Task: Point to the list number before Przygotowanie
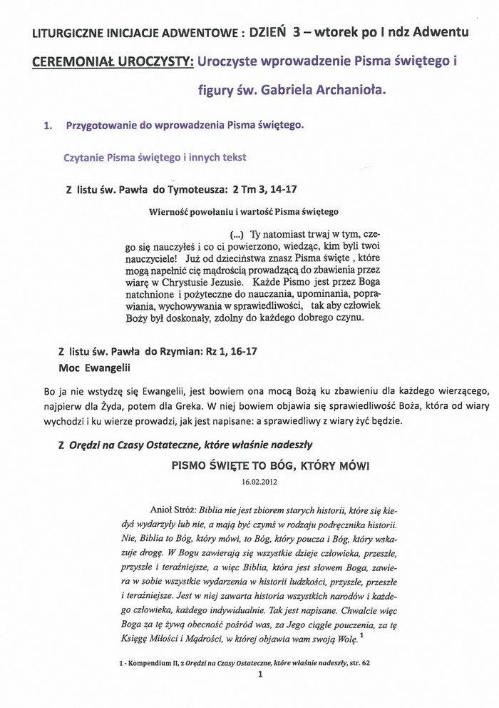coord(48,125)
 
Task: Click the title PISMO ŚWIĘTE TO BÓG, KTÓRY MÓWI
coord(270,465)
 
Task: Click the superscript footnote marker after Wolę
coord(361,635)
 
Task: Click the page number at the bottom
coord(260,674)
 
